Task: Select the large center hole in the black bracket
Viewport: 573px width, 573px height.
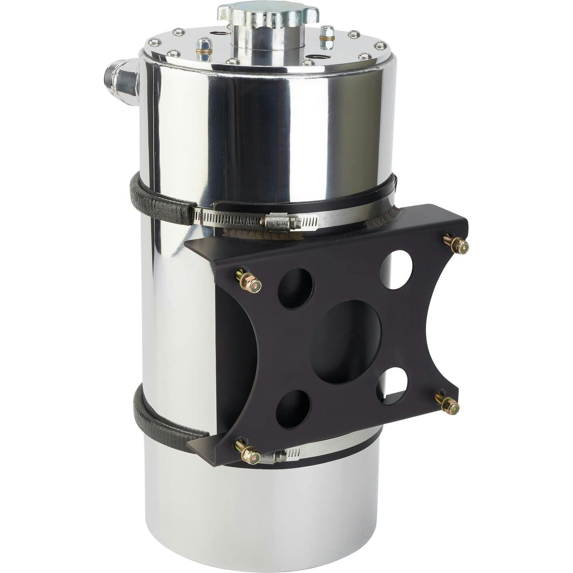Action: [x=345, y=342]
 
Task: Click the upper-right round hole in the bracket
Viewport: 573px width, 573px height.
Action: [x=396, y=269]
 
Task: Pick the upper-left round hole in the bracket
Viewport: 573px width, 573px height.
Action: [x=296, y=288]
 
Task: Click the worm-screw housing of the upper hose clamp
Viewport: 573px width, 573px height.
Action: [x=281, y=223]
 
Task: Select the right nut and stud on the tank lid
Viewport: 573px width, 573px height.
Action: [x=327, y=37]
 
